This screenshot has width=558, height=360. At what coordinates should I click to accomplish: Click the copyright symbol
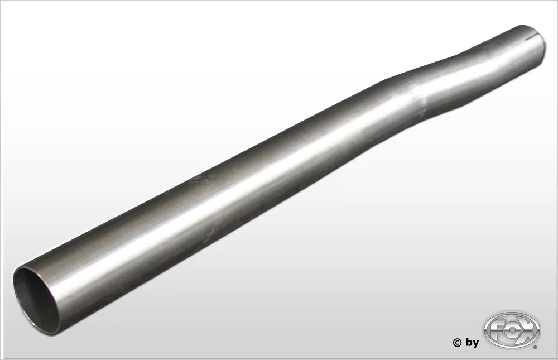click(457, 343)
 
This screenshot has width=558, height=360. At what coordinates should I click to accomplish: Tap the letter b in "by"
click(469, 342)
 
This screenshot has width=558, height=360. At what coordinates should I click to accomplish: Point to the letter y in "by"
click(476, 344)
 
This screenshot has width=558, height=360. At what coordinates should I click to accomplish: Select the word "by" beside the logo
click(473, 343)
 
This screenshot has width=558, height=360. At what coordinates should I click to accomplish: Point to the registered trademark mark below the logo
click(535, 347)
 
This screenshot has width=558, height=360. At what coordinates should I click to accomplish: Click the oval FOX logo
click(512, 330)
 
